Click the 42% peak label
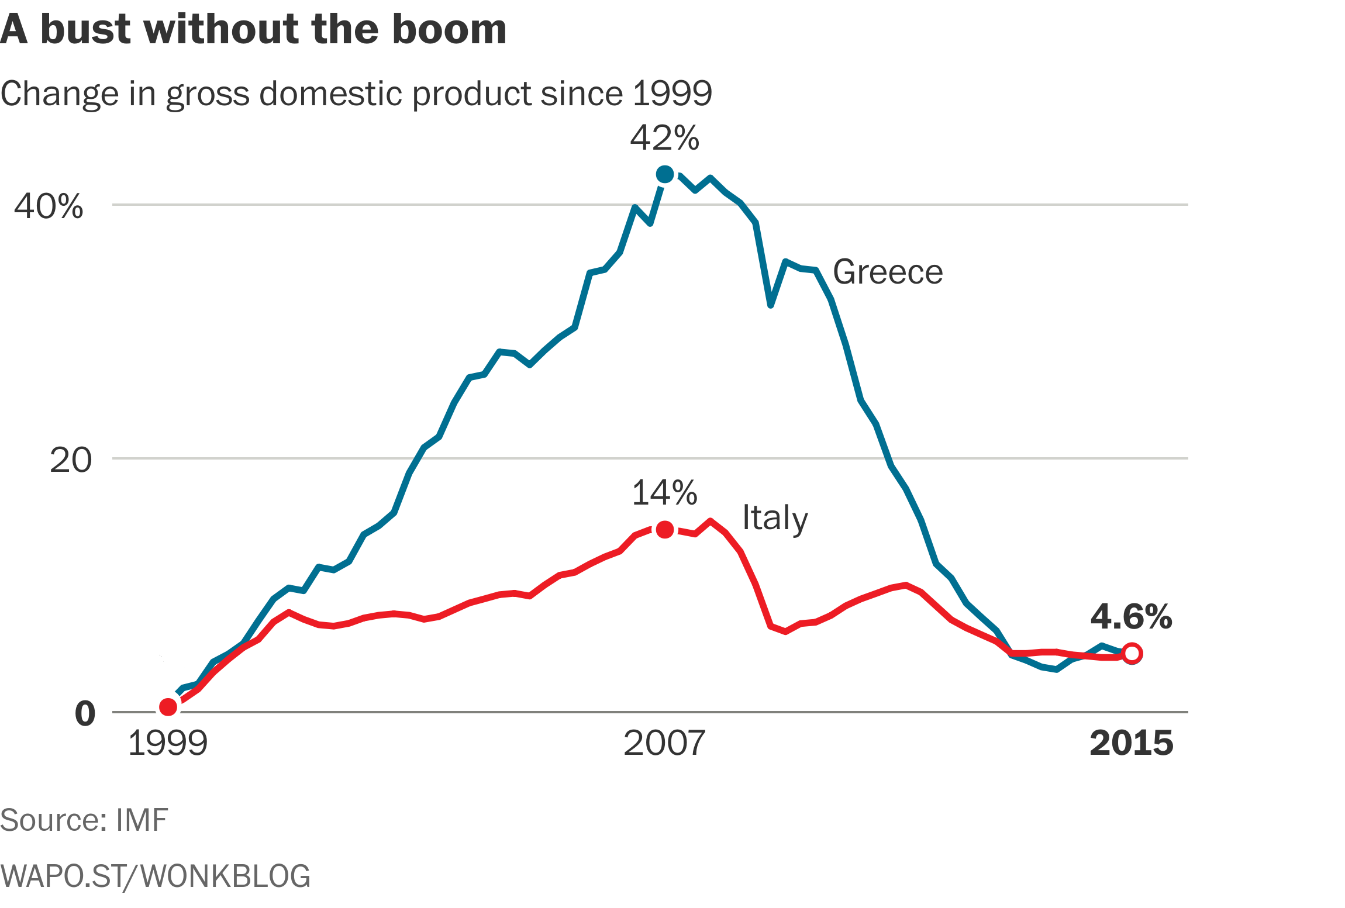click(664, 139)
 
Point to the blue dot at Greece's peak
click(665, 174)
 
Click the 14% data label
click(664, 493)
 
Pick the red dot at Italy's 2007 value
click(665, 530)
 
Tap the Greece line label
click(888, 272)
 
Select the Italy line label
click(775, 519)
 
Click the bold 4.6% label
click(1131, 617)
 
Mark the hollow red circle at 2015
click(1132, 654)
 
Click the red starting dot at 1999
click(168, 707)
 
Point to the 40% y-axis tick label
click(49, 206)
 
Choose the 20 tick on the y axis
click(71, 460)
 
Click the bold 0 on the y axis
click(85, 714)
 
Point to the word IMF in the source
click(142, 820)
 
